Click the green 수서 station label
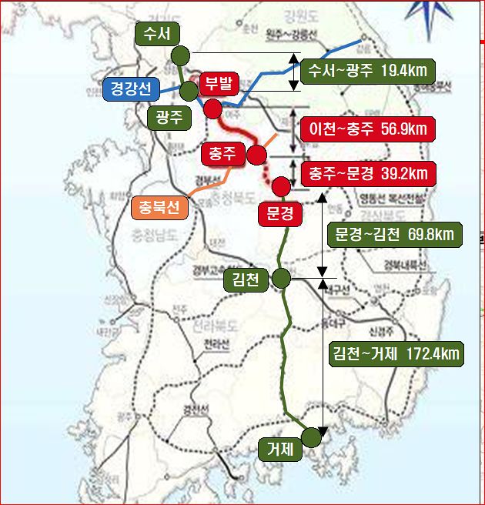point(156,33)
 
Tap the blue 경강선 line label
point(131,90)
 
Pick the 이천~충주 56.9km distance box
point(367,128)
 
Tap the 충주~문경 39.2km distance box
point(367,172)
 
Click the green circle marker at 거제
point(311,437)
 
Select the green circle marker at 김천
point(281,279)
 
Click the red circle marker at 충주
point(256,156)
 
